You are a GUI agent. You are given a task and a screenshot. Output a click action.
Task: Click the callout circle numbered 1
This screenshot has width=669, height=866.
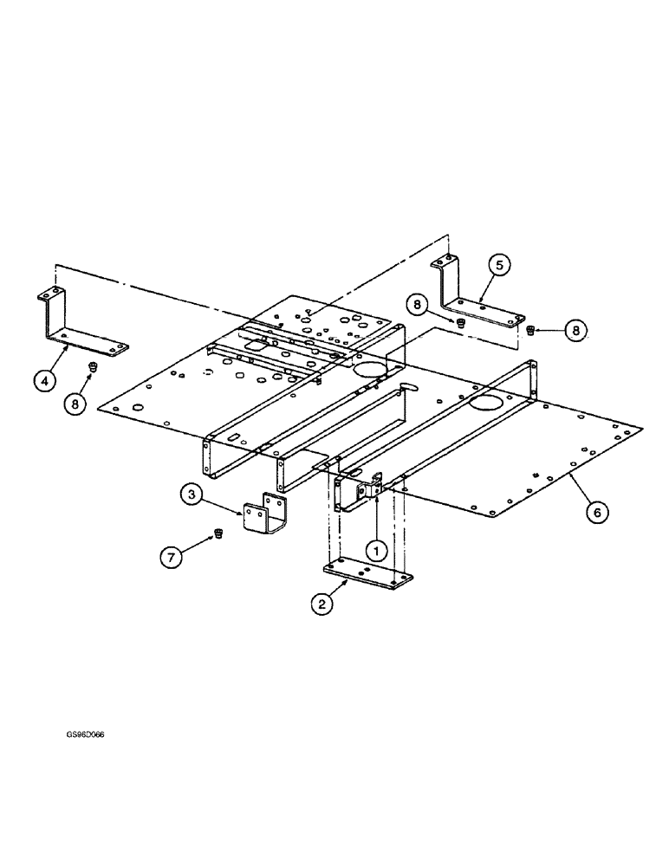point(374,547)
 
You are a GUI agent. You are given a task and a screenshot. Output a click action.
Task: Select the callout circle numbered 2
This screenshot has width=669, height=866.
point(322,605)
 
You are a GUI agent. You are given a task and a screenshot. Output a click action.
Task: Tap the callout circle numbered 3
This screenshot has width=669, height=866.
point(193,496)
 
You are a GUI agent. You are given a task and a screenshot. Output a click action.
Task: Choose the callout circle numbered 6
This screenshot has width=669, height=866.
point(594,512)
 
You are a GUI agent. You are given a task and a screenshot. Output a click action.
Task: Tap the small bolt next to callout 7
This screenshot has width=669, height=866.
point(218,534)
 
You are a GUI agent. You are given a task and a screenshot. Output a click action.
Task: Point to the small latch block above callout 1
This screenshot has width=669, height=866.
point(374,488)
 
